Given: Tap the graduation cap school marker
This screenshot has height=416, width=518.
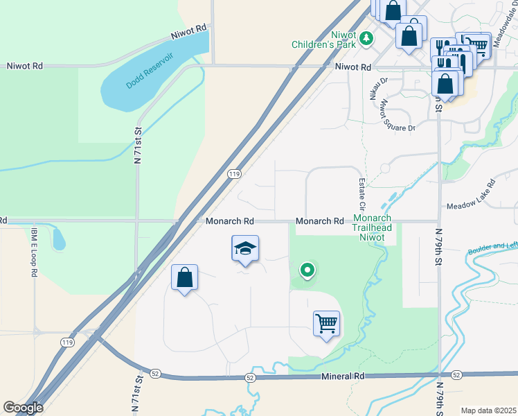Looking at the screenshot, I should tap(245, 250).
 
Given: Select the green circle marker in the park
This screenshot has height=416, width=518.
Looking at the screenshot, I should tap(307, 270).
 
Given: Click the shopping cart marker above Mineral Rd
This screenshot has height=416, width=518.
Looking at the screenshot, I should tap(326, 323).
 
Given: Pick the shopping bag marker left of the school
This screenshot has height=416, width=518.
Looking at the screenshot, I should tap(184, 278).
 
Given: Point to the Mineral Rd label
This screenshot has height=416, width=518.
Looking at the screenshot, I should tap(343, 376).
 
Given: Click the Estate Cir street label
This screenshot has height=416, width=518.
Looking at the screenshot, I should tap(361, 194).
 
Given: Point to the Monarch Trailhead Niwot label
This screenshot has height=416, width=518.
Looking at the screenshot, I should tap(373, 227).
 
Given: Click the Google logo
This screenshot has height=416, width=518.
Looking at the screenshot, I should tap(23, 408).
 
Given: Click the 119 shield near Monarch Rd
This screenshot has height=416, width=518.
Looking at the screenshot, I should tap(233, 175).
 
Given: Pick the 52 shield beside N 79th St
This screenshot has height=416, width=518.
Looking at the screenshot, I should tap(456, 374).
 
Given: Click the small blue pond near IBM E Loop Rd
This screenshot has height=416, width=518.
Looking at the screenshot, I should tap(59, 239).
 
